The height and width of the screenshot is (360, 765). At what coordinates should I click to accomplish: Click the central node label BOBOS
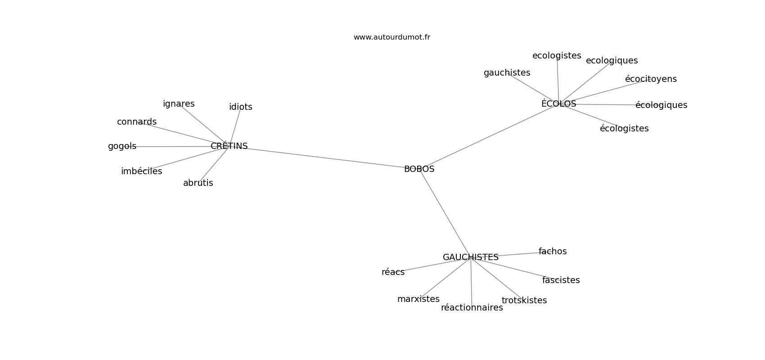(x=419, y=169)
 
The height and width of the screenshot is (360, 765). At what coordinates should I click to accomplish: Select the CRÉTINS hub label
(x=229, y=146)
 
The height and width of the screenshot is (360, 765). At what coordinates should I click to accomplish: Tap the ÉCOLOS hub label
(x=559, y=103)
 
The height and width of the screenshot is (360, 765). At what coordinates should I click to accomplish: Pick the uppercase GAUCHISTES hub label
(x=471, y=257)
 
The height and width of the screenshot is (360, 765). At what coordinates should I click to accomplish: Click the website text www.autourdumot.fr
(x=391, y=37)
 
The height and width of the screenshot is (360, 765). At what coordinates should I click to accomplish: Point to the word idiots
(x=241, y=107)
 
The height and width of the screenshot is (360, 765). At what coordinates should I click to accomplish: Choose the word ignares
(x=179, y=104)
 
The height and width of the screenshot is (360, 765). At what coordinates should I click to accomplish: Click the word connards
(x=137, y=121)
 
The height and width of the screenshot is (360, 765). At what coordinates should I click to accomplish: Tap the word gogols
(x=122, y=146)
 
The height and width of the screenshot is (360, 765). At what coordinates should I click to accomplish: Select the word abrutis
(x=198, y=183)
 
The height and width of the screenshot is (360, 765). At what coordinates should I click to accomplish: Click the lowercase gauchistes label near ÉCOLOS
(x=507, y=73)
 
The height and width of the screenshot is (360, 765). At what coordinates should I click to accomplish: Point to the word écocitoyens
(x=651, y=79)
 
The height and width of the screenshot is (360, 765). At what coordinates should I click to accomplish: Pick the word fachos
(x=553, y=252)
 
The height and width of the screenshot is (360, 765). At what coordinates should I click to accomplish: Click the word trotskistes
(x=524, y=300)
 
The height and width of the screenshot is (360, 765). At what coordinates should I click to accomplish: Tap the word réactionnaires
(x=472, y=308)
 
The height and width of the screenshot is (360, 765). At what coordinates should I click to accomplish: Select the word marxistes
(x=418, y=299)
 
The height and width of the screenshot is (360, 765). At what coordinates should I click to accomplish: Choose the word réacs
(x=393, y=272)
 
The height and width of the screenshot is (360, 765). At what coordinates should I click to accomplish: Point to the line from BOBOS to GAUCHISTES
(x=445, y=213)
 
